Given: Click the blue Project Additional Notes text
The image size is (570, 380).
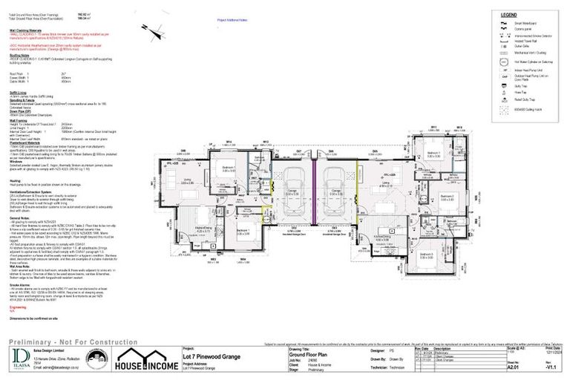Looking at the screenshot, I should click(x=237, y=21).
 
